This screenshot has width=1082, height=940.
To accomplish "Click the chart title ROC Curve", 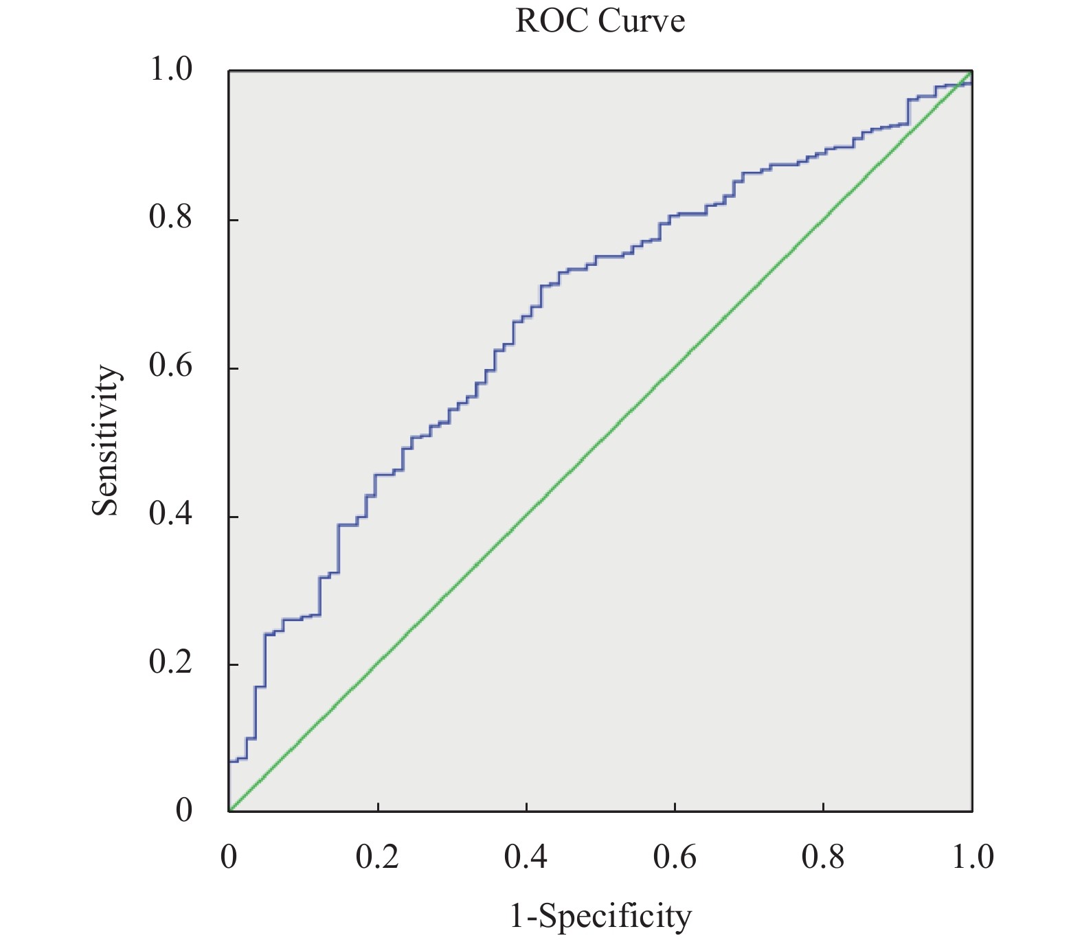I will tap(600, 21).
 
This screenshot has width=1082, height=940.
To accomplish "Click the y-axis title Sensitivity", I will tap(106, 440).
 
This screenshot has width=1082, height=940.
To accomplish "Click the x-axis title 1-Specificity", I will tap(600, 916).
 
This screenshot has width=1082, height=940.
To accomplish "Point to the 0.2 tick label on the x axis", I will tap(377, 857).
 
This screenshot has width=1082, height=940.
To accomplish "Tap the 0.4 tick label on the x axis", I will tap(526, 857).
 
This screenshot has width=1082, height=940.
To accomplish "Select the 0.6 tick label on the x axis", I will tap(675, 857).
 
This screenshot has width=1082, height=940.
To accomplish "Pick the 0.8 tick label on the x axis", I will tap(823, 857).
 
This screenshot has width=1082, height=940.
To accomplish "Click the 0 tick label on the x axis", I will tap(229, 857).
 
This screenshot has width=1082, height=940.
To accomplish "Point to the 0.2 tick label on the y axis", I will tap(170, 664).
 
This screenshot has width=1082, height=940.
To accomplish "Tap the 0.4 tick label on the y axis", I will tap(170, 515).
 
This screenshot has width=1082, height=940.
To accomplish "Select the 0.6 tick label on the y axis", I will tap(170, 367).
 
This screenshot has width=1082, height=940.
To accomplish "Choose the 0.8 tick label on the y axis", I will tap(170, 219).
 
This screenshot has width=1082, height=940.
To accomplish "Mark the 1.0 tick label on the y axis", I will tap(170, 70).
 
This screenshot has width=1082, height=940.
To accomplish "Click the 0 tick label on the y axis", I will tap(183, 812).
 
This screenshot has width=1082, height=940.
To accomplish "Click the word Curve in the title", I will tap(641, 21).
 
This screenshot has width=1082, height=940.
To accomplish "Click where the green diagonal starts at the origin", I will tap(229, 811).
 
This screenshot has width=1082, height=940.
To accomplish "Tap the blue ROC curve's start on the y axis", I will tap(229, 761).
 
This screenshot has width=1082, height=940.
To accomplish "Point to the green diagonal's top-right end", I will tap(971, 71).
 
